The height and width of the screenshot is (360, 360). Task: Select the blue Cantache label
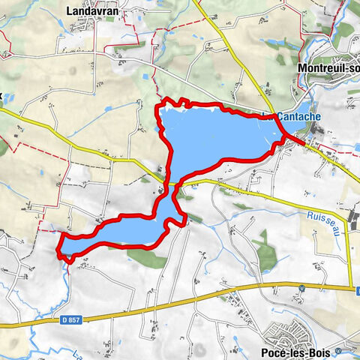300,117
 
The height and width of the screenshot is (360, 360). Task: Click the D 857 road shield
69,320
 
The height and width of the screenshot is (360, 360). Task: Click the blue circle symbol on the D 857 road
300,289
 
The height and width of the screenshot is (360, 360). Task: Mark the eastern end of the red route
303,142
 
